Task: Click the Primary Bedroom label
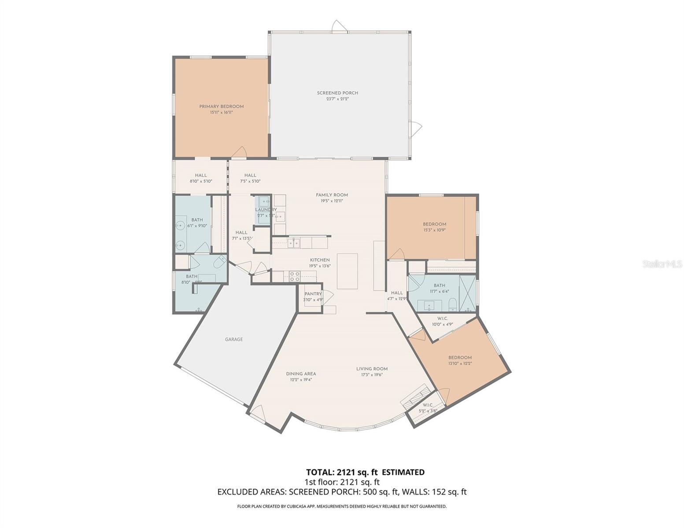tap(221, 106)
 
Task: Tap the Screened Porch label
tap(337, 93)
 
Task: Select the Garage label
tap(234, 339)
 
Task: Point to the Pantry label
tap(313, 294)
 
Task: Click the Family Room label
tap(332, 195)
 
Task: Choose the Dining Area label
tap(301, 374)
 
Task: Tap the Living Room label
tap(372, 369)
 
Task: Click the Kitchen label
tap(319, 260)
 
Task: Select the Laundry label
tap(266, 210)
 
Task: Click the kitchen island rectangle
tap(347, 271)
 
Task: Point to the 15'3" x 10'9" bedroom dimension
tap(434, 230)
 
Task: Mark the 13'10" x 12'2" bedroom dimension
tap(460, 363)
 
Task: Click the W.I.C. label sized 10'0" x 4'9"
tap(442, 319)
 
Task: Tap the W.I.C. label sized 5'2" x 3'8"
tap(428, 405)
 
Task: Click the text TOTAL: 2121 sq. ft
tap(342, 472)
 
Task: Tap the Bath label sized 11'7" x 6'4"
tap(439, 286)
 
